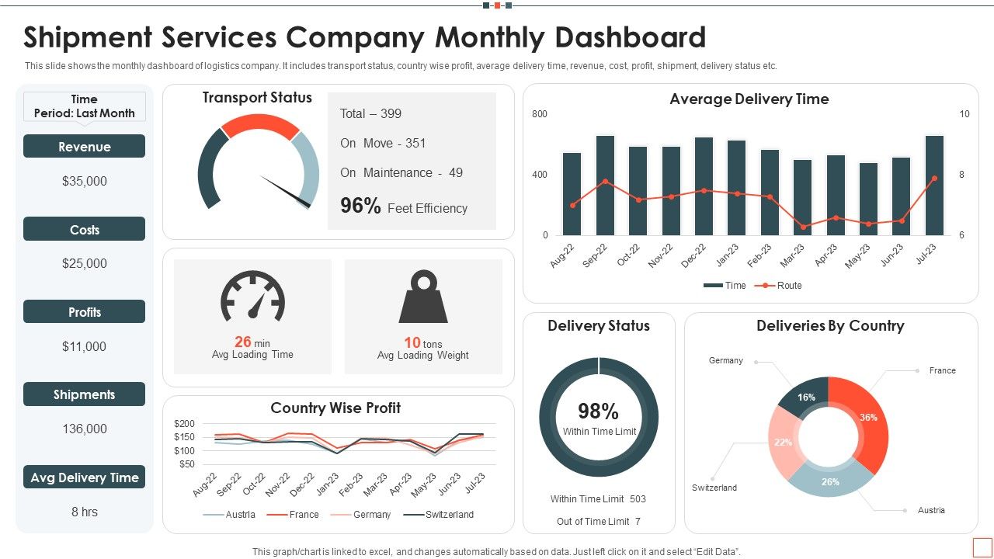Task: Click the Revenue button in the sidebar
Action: coord(84,147)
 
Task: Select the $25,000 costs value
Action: coord(84,264)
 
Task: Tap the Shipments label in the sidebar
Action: coord(84,394)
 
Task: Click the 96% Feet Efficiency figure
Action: coord(404,207)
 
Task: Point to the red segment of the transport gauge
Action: coord(260,125)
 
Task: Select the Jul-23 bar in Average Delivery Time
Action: coord(934,186)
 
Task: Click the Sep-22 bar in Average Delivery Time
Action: coord(605,186)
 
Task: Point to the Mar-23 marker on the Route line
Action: coord(803,227)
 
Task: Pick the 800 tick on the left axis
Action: coord(540,114)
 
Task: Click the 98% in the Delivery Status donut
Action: coord(598,411)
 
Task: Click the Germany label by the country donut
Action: coord(725,360)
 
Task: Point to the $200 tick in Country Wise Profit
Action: coord(185,424)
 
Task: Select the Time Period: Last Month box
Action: coord(84,106)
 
